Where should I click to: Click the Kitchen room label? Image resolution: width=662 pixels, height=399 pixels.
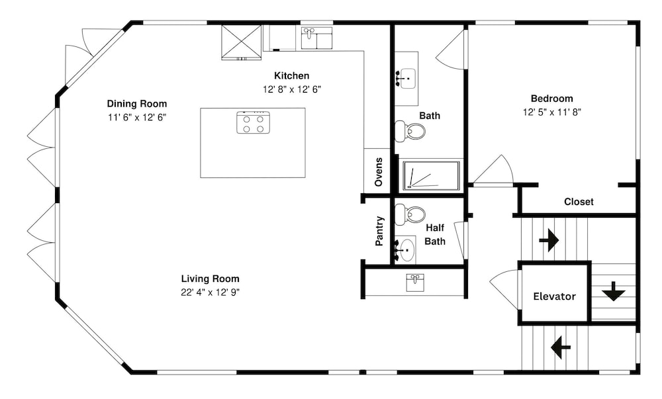point(292,76)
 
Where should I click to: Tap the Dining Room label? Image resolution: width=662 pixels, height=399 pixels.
point(137,104)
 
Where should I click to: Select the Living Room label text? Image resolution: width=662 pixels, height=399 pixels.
point(211,279)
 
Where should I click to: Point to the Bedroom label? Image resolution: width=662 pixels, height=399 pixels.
point(552,99)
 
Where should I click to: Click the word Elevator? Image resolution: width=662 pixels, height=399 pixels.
point(554,296)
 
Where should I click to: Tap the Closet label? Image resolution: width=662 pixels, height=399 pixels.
point(579,202)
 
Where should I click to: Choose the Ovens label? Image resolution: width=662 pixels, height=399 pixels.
point(379,171)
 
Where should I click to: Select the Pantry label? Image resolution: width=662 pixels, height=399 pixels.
point(379,231)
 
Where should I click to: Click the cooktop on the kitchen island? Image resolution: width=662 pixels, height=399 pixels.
point(253,122)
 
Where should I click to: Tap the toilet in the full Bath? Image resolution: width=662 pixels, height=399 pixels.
point(410,131)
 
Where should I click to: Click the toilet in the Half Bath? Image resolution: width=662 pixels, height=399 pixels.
point(410,214)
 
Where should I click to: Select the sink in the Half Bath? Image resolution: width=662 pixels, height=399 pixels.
point(405,250)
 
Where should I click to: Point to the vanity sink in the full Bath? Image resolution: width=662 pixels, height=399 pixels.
point(407,79)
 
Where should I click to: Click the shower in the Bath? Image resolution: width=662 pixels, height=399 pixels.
point(431,175)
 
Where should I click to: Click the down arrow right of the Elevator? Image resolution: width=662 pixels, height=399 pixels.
point(614,291)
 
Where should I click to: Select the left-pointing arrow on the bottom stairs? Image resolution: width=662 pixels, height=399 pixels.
point(561,347)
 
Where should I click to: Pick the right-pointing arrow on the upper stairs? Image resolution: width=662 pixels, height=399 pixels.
point(549,240)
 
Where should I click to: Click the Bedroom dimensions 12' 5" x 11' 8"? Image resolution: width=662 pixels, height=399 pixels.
point(552,112)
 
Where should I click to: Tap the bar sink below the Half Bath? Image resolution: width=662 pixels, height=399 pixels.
point(415,283)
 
